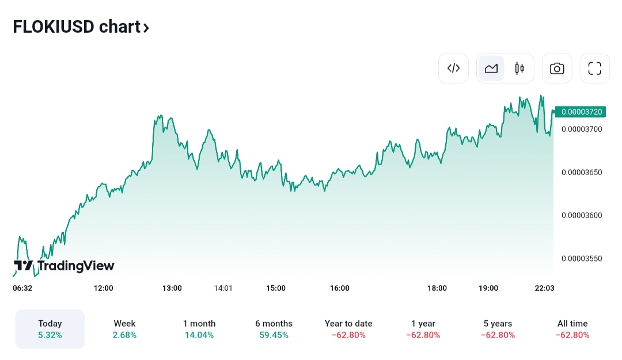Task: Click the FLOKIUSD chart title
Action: (x=81, y=27)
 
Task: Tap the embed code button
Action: (x=454, y=69)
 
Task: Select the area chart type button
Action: (x=491, y=69)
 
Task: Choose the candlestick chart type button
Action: (x=519, y=69)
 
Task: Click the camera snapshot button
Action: (x=557, y=69)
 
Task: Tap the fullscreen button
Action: (x=594, y=69)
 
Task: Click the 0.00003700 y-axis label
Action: (x=581, y=129)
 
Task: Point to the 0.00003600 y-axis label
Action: (x=581, y=215)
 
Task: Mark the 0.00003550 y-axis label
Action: (x=581, y=259)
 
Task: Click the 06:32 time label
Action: (x=22, y=288)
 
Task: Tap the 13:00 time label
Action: (x=172, y=288)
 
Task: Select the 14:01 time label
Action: (x=223, y=288)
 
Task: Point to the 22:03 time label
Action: (x=544, y=288)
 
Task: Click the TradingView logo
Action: (x=64, y=266)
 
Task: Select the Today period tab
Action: (x=50, y=329)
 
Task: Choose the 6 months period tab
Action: (x=274, y=329)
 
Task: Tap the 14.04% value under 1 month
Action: (x=199, y=335)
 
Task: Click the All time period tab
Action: (x=572, y=329)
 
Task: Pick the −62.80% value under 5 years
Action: (x=498, y=335)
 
